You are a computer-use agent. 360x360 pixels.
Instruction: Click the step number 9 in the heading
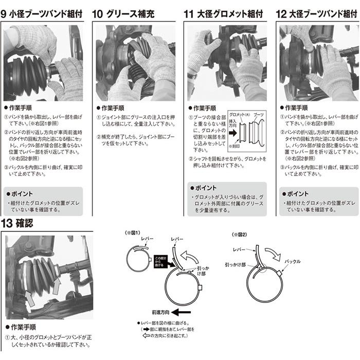pyautogui.click(x=5, y=14)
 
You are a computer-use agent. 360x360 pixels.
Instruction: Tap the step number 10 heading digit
pyautogui.click(x=97, y=14)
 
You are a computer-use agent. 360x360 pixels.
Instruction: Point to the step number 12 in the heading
pyautogui.click(x=281, y=14)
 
